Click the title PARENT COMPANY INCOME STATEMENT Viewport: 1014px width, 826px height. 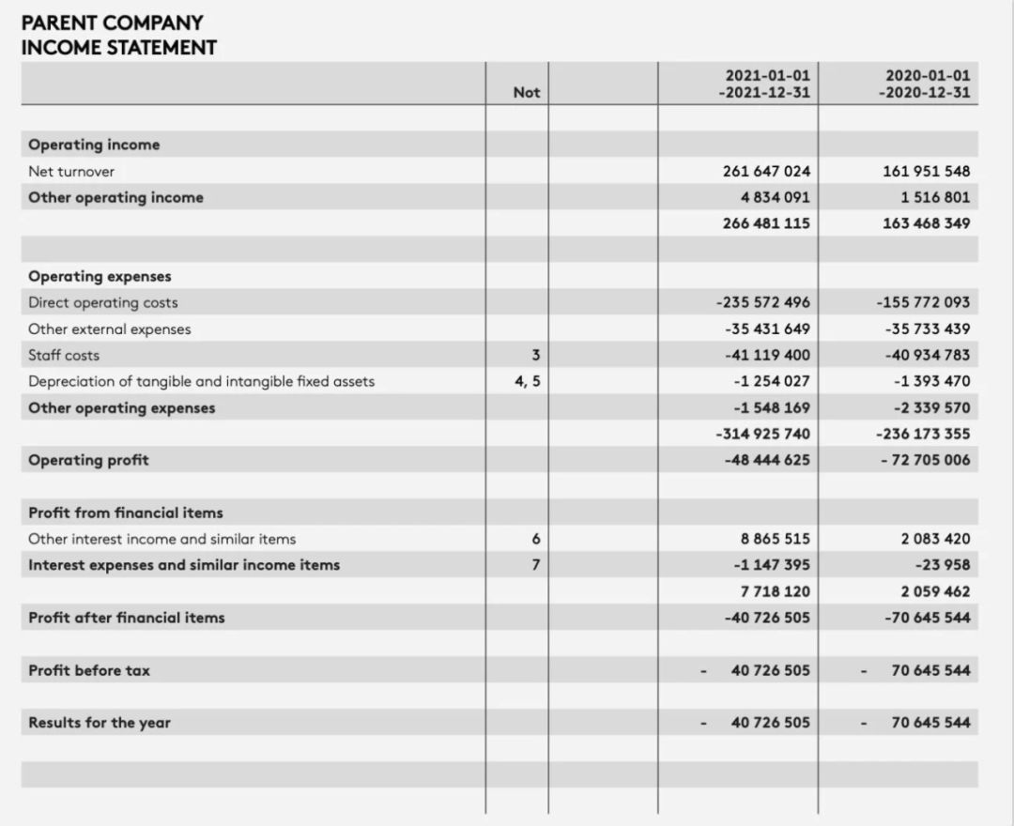(x=118, y=35)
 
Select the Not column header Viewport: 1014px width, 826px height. (x=527, y=92)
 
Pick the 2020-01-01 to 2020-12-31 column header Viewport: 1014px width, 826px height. (x=925, y=84)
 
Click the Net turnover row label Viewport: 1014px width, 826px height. (x=71, y=171)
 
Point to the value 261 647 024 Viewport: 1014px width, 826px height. (x=766, y=171)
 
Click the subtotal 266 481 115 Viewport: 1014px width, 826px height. (x=766, y=223)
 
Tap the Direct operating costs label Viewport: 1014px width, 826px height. (x=102, y=302)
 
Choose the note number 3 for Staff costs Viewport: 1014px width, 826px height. (x=536, y=355)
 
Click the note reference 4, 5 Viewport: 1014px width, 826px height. (x=528, y=381)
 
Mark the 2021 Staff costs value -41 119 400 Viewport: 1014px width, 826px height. (x=766, y=355)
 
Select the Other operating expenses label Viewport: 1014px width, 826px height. (x=121, y=407)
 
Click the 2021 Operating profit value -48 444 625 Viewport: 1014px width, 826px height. (x=766, y=460)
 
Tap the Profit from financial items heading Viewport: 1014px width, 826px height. (x=126, y=512)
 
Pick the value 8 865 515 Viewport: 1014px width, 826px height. (x=775, y=539)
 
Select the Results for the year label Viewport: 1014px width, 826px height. (x=100, y=723)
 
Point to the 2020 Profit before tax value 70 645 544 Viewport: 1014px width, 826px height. (x=930, y=670)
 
